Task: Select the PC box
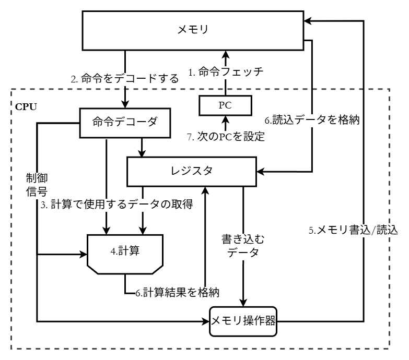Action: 225,105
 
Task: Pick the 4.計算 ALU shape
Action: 126,253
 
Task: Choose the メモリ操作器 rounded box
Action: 243,320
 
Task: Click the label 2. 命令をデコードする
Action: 125,80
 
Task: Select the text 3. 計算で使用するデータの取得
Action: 118,205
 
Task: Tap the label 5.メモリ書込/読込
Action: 353,229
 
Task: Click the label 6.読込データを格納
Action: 312,119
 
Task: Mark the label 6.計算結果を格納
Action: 177,293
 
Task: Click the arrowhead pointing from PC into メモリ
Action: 225,54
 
